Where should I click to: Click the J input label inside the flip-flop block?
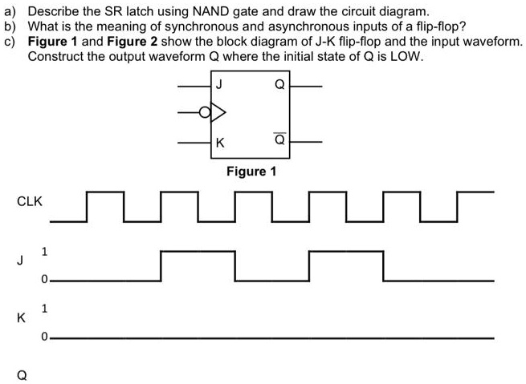220,83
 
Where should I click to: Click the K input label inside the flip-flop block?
220,142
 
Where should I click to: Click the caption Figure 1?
251,171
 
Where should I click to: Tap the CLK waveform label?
29,202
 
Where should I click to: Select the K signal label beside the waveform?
12,317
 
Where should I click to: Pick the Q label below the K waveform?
12,374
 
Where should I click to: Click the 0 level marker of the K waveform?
45,337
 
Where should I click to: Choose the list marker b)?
10,26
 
